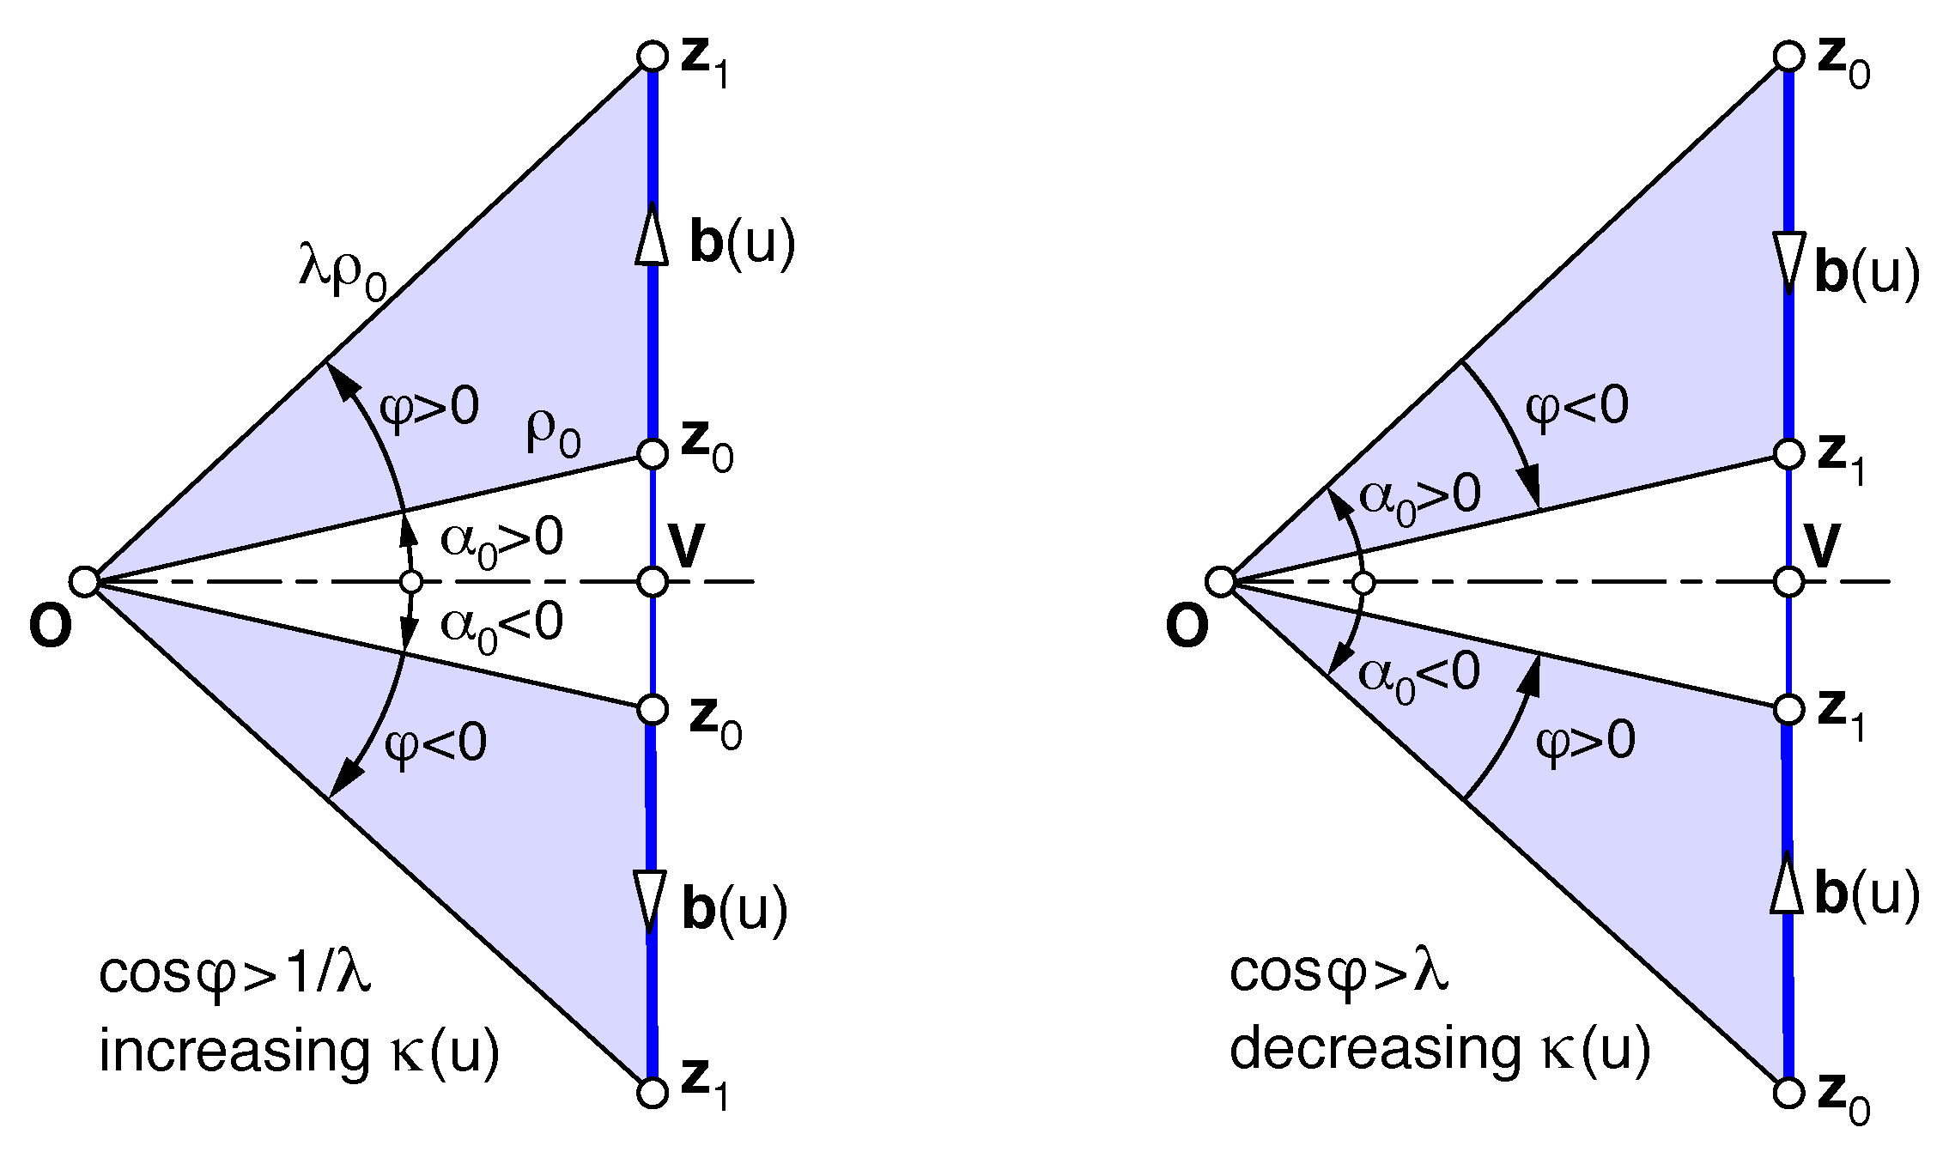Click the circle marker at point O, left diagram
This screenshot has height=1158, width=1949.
tap(84, 581)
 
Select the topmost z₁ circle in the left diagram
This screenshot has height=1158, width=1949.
tap(653, 57)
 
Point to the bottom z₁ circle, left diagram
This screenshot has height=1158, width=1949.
tap(653, 1093)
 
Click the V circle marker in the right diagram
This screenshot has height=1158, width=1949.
tap(1788, 581)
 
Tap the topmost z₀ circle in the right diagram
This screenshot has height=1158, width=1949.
tap(1788, 57)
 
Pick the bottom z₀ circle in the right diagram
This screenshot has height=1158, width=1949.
tap(1788, 1093)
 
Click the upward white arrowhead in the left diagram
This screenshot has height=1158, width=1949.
tap(653, 233)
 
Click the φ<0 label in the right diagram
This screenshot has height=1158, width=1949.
tap(1576, 406)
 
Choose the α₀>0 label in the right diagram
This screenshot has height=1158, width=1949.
tap(1420, 498)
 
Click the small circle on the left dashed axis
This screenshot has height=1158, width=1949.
tap(411, 582)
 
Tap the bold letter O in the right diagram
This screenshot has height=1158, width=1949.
tap(1187, 627)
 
